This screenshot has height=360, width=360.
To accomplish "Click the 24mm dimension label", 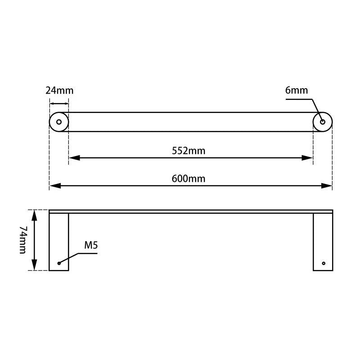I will coord(59,90).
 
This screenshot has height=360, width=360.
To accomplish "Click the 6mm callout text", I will coord(297,90).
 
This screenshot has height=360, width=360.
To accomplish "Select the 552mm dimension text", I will coord(189,151).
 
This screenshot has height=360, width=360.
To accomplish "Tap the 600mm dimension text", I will coord(189,179).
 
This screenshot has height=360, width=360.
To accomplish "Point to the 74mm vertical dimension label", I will coord(23,240).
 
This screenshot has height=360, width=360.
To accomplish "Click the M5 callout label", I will coord(91,246).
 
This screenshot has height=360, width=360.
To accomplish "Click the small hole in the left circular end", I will coord(59,121).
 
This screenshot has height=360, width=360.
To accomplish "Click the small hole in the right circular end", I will coord(323,121).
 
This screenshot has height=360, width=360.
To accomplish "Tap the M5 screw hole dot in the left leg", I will coord(59,263).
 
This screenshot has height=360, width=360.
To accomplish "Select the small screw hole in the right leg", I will coord(323,263).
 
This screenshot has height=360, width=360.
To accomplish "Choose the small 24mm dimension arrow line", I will coord(59,103).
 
